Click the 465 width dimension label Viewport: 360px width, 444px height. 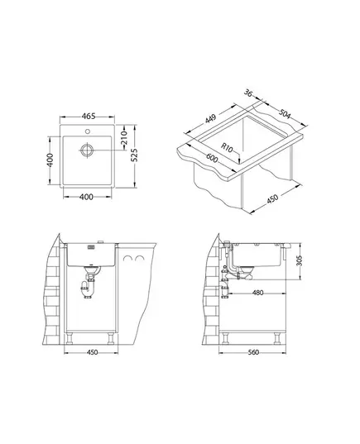coord(89,116)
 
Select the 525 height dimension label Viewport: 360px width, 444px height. coord(134,155)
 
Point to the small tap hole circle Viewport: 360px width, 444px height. coord(87,131)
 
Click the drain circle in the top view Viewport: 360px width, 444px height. coord(87,150)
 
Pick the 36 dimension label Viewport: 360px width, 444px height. coord(248,93)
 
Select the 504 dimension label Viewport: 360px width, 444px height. coord(285,114)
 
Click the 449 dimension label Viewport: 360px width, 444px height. coord(211,118)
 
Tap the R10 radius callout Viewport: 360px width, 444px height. coord(227,147)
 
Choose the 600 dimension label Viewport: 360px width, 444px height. coord(212,158)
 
